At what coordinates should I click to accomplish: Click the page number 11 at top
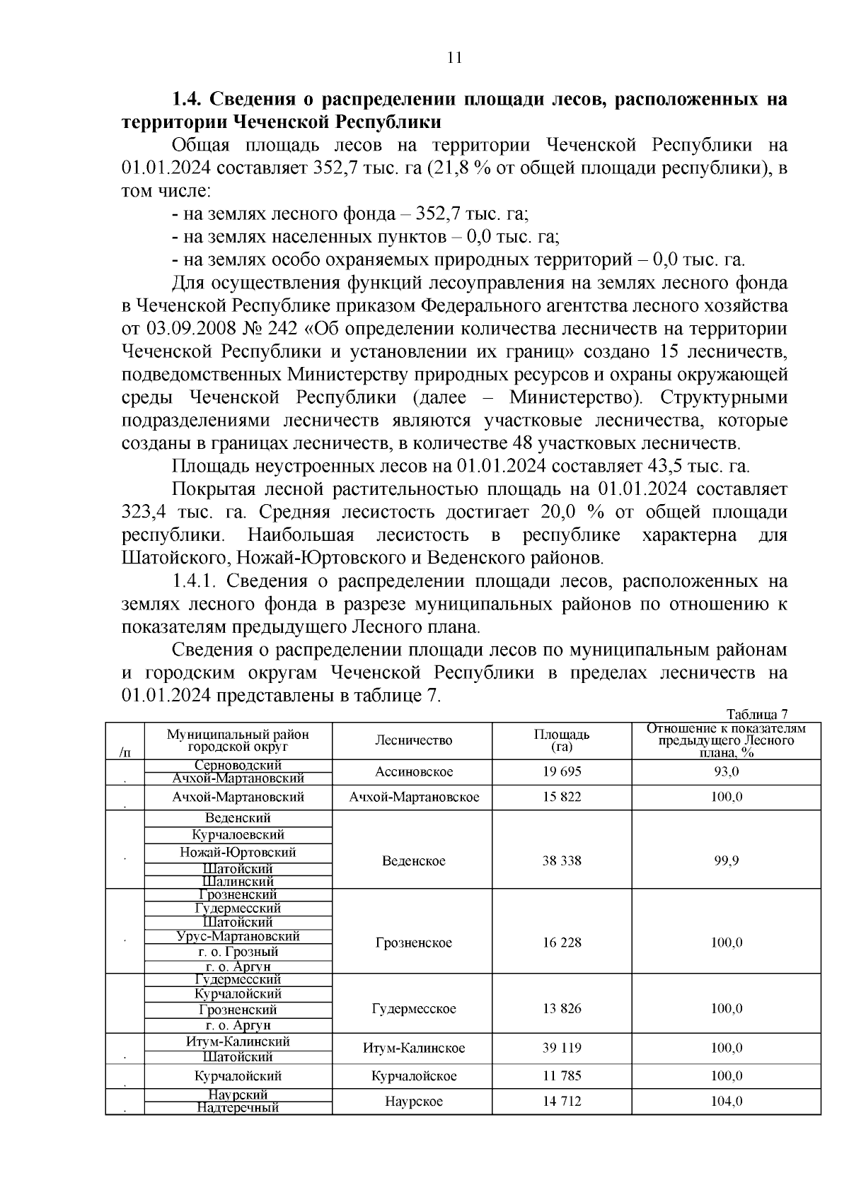[454, 58]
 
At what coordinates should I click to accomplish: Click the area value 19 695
[562, 771]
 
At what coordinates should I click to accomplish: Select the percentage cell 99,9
[727, 860]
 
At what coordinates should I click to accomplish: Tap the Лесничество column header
[413, 740]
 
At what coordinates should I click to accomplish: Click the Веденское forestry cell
[413, 860]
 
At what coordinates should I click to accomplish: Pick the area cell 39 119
[562, 1048]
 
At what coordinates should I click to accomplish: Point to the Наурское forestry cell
[414, 1102]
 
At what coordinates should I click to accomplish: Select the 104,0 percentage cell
[727, 1102]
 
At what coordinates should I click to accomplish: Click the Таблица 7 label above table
[756, 713]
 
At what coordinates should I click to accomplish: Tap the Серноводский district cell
[238, 765]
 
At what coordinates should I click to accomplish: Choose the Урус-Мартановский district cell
[238, 936]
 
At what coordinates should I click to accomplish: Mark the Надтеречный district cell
[238, 1108]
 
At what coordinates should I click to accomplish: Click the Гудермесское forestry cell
[413, 1009]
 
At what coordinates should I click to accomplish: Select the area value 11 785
[562, 1076]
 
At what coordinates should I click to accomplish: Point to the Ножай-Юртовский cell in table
[238, 853]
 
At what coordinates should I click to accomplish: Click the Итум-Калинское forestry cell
[414, 1048]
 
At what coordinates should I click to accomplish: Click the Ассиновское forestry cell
[414, 771]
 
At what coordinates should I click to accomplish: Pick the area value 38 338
[562, 860]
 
